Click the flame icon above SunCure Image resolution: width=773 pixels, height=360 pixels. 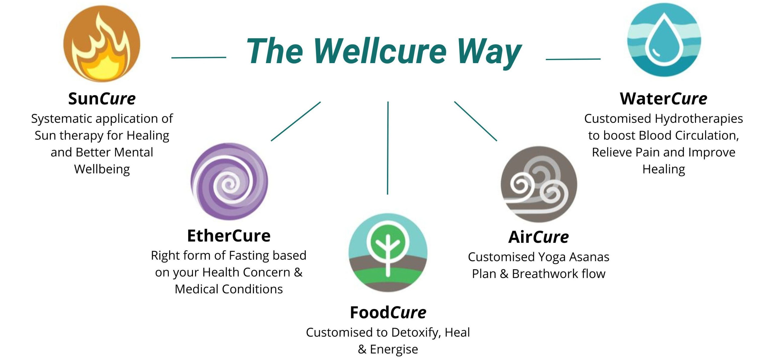(x=102, y=44)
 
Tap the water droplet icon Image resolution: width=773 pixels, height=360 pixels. (x=664, y=40)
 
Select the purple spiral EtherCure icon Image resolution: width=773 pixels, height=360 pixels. (x=229, y=182)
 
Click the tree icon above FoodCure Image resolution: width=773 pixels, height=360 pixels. (x=388, y=252)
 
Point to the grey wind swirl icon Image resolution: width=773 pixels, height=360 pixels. (x=539, y=185)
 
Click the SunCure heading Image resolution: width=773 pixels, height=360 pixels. (x=102, y=98)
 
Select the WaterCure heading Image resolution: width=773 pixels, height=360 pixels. (x=663, y=98)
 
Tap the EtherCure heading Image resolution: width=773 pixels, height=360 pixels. (x=229, y=236)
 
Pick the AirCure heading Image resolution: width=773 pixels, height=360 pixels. (x=538, y=237)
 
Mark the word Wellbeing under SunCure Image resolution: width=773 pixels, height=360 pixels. (x=102, y=169)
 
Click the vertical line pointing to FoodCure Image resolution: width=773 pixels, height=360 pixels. (x=388, y=148)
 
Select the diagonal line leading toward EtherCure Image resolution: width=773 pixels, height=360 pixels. (x=296, y=121)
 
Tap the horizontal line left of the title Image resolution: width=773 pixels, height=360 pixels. (x=199, y=57)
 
